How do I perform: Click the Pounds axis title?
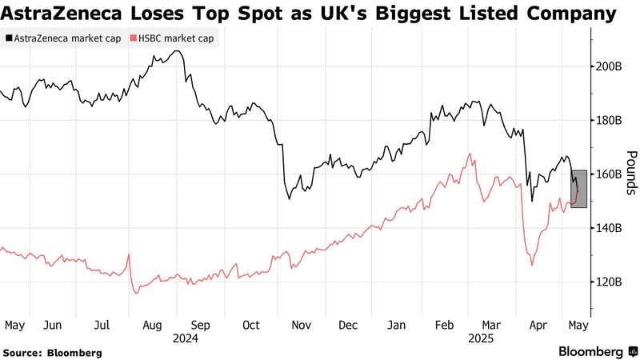point(630,173)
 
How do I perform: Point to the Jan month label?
point(396,326)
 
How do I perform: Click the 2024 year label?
point(186,338)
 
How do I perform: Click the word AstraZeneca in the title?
point(63,14)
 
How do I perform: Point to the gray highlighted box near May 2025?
point(579,189)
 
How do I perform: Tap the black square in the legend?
point(8,38)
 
